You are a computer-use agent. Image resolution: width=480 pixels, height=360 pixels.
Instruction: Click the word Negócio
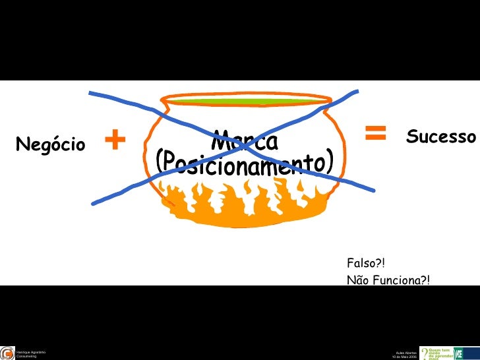[50, 144]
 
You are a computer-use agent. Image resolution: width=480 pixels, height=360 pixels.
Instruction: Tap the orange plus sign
[115, 139]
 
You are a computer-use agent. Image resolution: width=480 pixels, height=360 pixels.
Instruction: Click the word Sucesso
[440, 137]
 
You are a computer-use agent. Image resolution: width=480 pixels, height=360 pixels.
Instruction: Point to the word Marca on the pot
[245, 141]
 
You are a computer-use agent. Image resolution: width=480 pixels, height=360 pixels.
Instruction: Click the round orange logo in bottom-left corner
[7, 353]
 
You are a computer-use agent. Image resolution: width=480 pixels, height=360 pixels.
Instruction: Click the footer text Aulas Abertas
[405, 353]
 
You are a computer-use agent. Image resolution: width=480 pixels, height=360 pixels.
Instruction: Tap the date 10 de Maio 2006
[404, 357]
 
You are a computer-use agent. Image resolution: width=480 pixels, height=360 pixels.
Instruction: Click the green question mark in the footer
[424, 353]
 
